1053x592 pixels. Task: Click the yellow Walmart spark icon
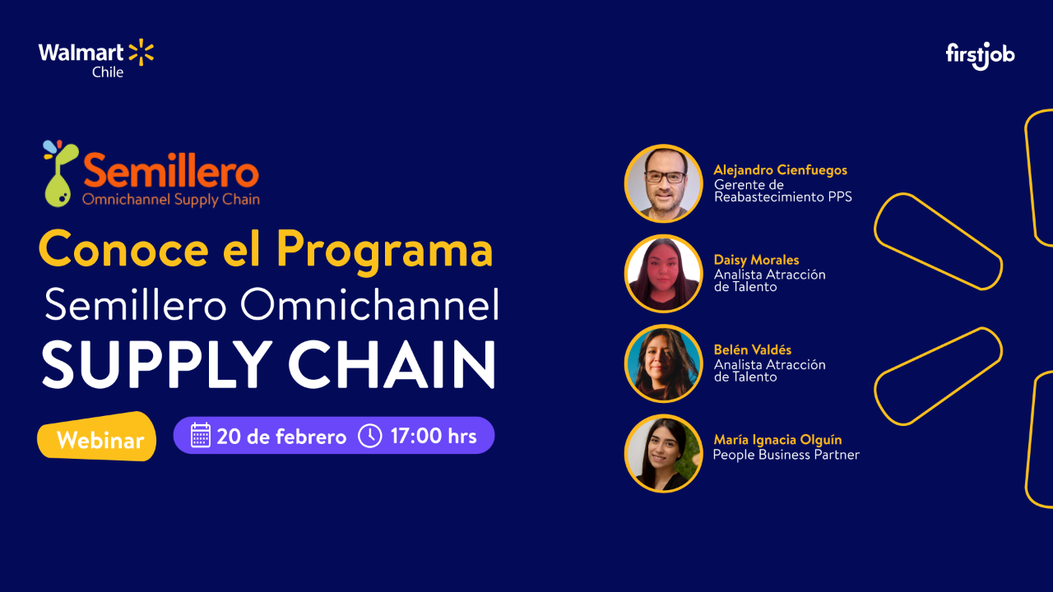(141, 52)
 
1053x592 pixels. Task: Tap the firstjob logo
(980, 55)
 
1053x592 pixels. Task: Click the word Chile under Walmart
(108, 72)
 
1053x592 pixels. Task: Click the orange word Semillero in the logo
(171, 173)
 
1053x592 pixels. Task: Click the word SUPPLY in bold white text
(155, 364)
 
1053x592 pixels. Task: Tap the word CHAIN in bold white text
(392, 364)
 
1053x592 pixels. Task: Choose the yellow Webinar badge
(99, 441)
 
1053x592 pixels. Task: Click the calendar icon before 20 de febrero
(201, 435)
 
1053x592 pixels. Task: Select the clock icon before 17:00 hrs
(370, 435)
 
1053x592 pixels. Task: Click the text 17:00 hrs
(434, 436)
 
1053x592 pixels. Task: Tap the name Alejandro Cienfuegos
(780, 170)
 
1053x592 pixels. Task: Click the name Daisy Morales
(756, 260)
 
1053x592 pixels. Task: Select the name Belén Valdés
(752, 350)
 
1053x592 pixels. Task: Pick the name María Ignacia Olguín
(777, 440)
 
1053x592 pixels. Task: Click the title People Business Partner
(786, 455)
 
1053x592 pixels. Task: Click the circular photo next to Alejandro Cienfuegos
(663, 183)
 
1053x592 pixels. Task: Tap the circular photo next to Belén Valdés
(663, 363)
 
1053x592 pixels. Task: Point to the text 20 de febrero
(281, 437)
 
